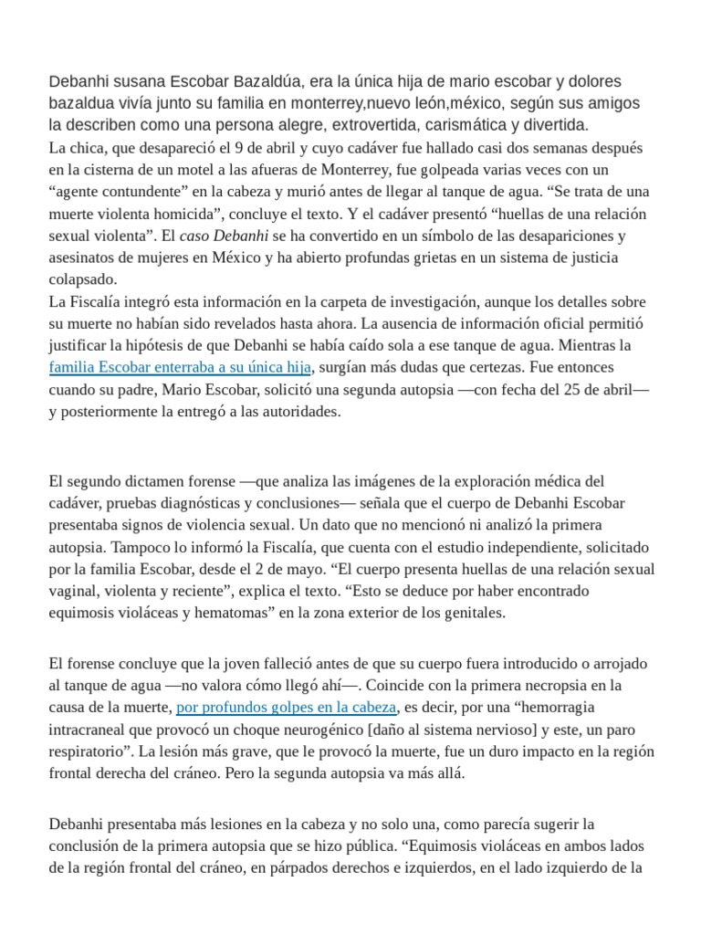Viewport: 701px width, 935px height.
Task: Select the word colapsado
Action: point(84,279)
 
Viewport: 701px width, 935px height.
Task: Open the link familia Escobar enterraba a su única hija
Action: point(181,367)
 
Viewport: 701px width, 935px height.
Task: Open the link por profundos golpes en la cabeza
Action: point(286,707)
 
